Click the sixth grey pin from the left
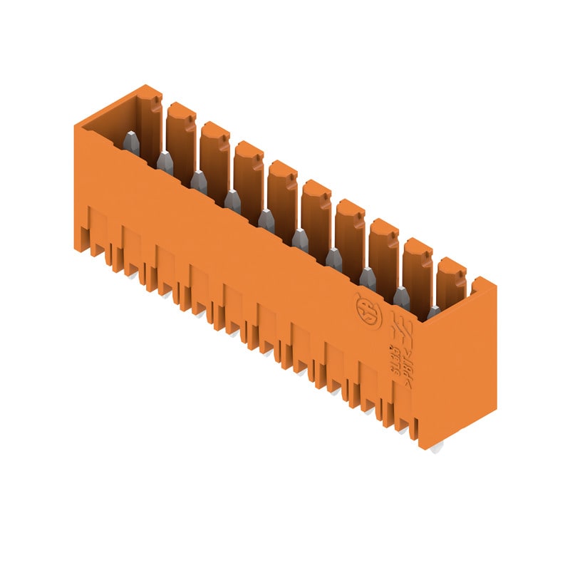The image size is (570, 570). click(x=300, y=240)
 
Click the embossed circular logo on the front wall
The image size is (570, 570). click(x=367, y=308)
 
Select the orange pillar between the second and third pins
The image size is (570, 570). click(x=214, y=153)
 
